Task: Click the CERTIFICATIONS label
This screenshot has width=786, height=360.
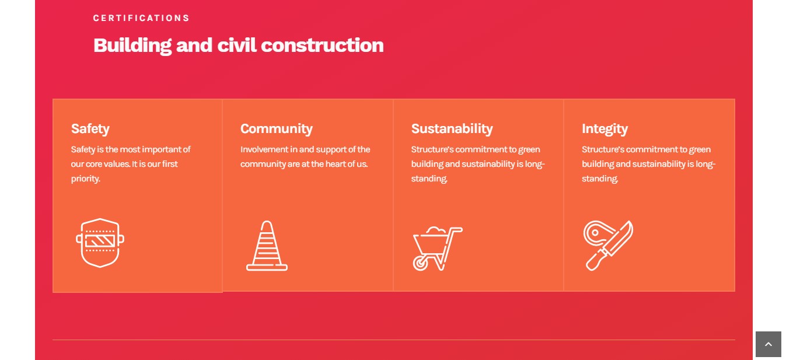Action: click(x=141, y=18)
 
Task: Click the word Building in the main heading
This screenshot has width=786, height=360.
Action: click(x=132, y=46)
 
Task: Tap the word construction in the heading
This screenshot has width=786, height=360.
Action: click(x=322, y=46)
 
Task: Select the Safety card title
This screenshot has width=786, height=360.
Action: click(x=90, y=129)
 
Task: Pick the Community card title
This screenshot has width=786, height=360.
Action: click(x=276, y=129)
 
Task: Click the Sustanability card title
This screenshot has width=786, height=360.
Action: click(x=452, y=129)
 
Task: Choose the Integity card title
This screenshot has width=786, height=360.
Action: click(x=605, y=129)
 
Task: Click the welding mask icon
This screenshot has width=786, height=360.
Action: click(x=100, y=243)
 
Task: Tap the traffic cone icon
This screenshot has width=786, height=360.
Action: click(x=267, y=246)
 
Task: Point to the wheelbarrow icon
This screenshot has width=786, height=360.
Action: click(x=438, y=249)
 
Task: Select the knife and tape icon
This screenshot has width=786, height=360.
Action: click(x=608, y=245)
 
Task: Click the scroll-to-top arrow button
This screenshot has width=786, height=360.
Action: click(x=768, y=344)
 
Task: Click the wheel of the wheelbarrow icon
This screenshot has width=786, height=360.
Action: click(x=420, y=263)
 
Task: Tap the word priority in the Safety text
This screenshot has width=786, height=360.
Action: click(x=85, y=179)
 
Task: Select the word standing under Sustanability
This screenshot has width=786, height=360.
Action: click(x=429, y=179)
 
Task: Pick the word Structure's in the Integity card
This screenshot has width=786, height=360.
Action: click(x=603, y=149)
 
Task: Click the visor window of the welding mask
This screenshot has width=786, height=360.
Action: click(x=100, y=241)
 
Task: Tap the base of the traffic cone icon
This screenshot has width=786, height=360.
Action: click(x=267, y=268)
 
